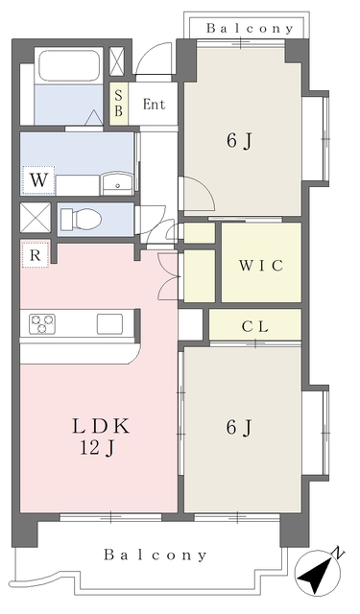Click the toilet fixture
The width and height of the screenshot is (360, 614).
coord(82,219)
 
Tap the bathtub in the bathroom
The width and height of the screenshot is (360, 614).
coord(69,65)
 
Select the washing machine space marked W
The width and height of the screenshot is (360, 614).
coord(38,180)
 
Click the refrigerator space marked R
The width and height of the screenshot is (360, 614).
coord(36,255)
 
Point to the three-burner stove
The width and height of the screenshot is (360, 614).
coord(42,324)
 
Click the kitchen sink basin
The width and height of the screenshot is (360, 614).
coord(109,324)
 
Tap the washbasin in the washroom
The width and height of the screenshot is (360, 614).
coord(117,183)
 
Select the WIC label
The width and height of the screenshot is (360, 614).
coord(261,266)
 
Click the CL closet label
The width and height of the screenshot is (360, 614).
coord(255,326)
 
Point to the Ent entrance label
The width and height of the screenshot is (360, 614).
coord(154,105)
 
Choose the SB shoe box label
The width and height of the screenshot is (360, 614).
coord(118,104)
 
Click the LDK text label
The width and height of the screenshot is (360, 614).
coord(101,426)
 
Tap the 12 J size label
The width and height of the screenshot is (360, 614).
coord(97,448)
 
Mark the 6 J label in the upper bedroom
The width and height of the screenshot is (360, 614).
coord(239,141)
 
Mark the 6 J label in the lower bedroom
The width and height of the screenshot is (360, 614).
coord(239,427)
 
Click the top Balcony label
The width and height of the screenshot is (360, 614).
coord(250,28)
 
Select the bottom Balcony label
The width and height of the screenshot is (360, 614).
coord(156,555)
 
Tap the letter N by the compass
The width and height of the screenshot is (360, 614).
coord(337,553)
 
